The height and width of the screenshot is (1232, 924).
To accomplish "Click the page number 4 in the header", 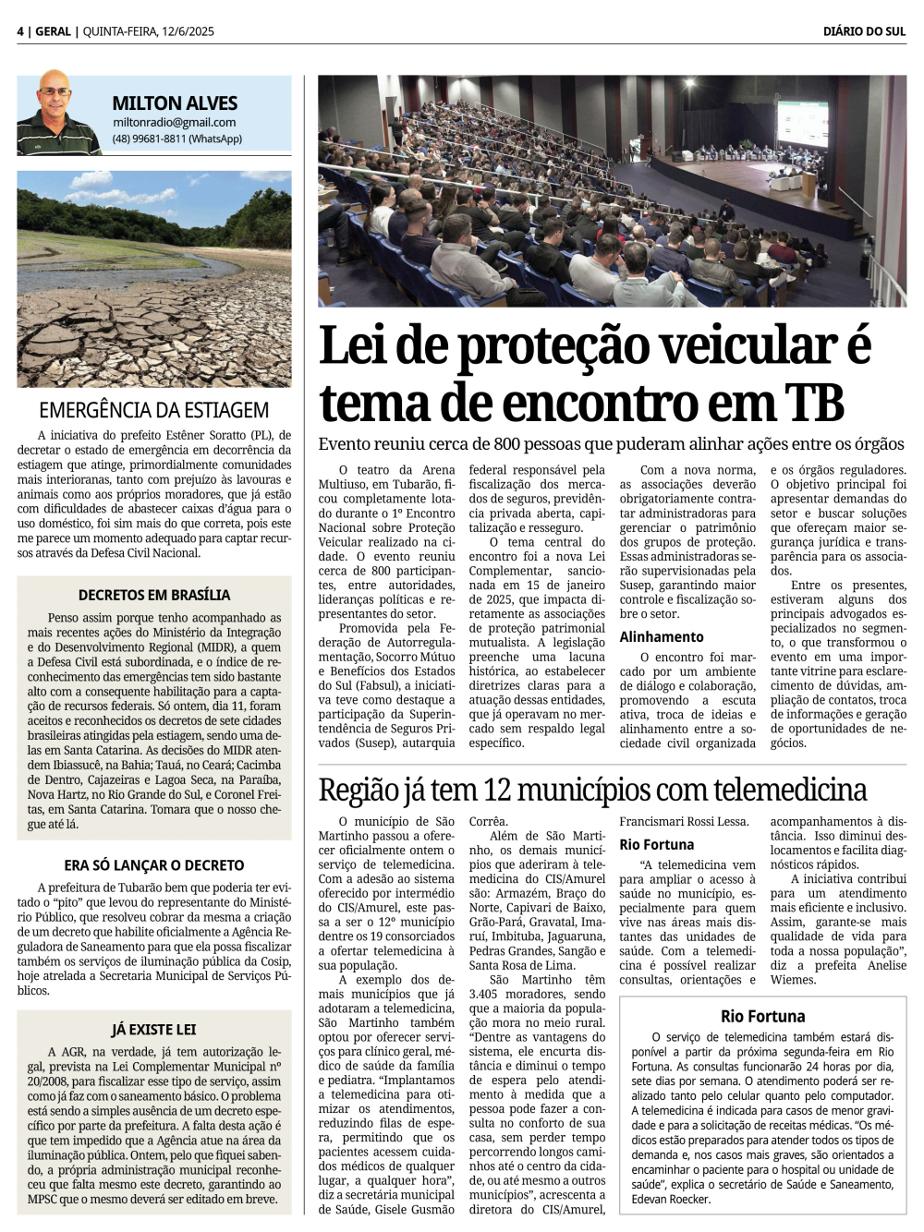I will [x=20, y=31].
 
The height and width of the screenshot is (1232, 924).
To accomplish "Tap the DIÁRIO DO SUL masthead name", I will [x=864, y=31].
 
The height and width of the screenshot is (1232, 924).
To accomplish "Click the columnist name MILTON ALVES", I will [x=175, y=103].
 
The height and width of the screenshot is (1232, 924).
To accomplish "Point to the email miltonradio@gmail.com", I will [x=174, y=122].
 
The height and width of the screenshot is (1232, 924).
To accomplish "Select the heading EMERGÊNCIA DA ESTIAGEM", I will [x=154, y=410].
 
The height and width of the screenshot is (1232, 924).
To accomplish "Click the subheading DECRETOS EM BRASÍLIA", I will [x=154, y=595].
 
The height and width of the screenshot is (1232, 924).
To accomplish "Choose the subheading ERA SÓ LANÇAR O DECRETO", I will [x=154, y=865].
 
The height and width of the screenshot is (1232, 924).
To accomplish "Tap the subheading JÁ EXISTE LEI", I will [x=154, y=1029].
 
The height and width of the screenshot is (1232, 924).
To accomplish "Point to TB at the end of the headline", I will [x=815, y=403].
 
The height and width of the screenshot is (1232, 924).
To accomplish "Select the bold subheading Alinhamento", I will [x=662, y=636].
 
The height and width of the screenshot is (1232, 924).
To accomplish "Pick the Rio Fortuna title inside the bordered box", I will [x=762, y=1016].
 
